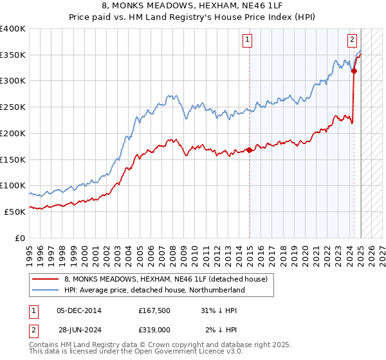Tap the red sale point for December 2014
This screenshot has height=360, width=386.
click(x=249, y=150)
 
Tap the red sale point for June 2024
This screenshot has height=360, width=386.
click(x=354, y=71)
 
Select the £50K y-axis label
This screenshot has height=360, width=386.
click(x=15, y=211)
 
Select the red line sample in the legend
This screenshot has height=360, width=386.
click(x=46, y=279)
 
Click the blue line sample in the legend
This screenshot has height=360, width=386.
click(x=46, y=290)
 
